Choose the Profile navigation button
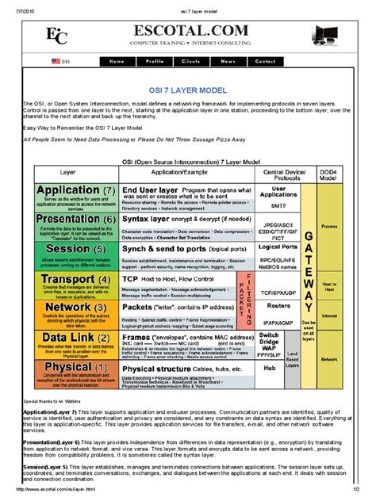[x=155, y=61]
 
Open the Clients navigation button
[x=190, y=61]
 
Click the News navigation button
[x=228, y=61]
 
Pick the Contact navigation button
[x=265, y=61]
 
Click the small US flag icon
[x=56, y=61]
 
